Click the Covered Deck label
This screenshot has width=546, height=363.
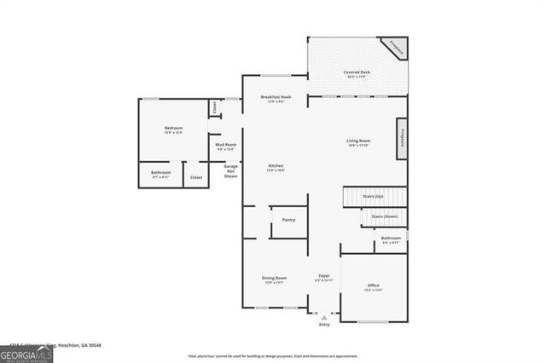[357, 74]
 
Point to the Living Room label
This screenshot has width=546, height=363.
[357, 141]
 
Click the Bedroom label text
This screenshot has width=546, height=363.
[173, 130]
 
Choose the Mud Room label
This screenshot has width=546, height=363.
[225, 147]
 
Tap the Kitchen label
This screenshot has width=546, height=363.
[276, 167]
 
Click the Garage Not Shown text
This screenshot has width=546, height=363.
[230, 171]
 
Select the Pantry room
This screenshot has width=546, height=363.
[288, 221]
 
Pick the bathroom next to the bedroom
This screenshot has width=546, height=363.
[161, 174]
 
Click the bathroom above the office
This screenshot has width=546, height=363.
[391, 239]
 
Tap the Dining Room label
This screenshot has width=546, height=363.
[274, 279]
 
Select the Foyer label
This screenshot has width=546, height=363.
[324, 278]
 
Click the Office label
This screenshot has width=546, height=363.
[373, 286]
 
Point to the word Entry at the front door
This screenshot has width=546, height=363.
[324, 325]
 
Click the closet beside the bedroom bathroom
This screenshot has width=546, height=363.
[196, 177]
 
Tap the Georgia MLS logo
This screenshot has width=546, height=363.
[26, 354]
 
